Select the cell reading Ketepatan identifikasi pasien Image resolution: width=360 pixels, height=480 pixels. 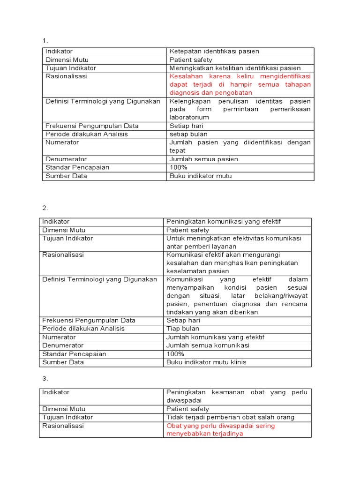(214, 52)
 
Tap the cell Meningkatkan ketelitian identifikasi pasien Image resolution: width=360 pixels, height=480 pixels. (235, 68)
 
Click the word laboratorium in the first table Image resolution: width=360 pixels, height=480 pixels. (189, 117)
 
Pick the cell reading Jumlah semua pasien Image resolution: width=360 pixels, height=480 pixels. (203, 159)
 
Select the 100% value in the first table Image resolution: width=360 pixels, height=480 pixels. (178, 167)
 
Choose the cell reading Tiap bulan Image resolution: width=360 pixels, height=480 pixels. (183, 329)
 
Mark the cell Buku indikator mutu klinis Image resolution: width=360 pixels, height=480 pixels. (206, 362)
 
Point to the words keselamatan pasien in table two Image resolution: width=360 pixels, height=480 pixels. (197, 271)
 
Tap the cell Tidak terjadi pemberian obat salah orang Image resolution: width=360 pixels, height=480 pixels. (230, 417)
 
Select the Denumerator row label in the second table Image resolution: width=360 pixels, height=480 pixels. (63, 345)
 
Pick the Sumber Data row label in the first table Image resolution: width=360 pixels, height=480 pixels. (66, 176)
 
